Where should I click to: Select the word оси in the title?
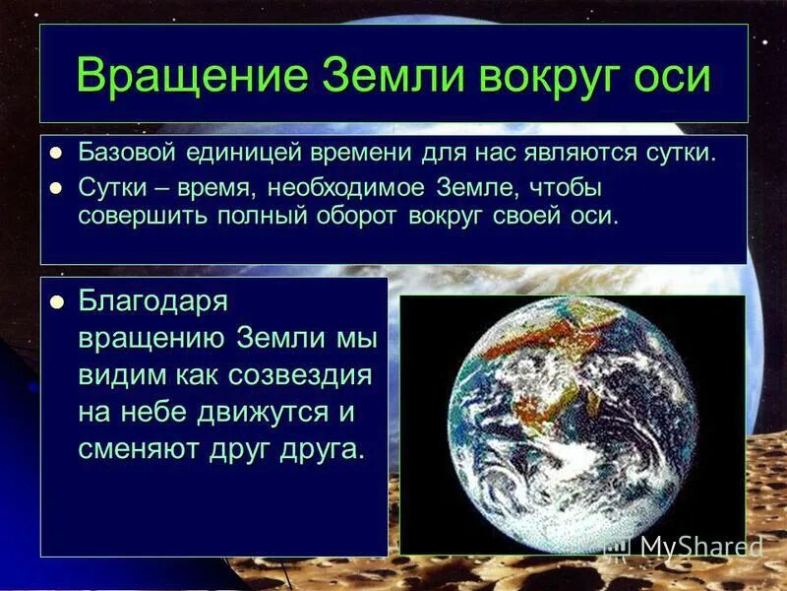(x=670, y=76)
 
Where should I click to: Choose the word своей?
(x=530, y=216)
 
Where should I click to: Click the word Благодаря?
(x=152, y=301)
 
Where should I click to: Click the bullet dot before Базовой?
(x=57, y=153)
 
